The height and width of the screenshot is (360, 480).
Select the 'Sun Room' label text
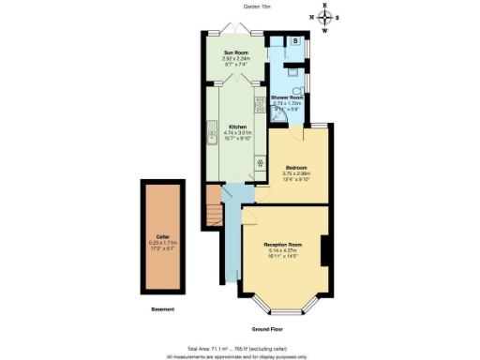pyautogui.click(x=233, y=53)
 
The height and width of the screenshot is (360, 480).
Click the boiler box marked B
pyautogui.click(x=295, y=41)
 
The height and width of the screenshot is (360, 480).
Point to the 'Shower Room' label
pyautogui.click(x=287, y=97)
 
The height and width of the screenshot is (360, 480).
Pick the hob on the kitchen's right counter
pyautogui.click(x=260, y=160)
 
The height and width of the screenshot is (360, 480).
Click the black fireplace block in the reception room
pyautogui.click(x=325, y=250)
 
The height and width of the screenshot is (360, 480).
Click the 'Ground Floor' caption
pyautogui.click(x=267, y=329)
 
